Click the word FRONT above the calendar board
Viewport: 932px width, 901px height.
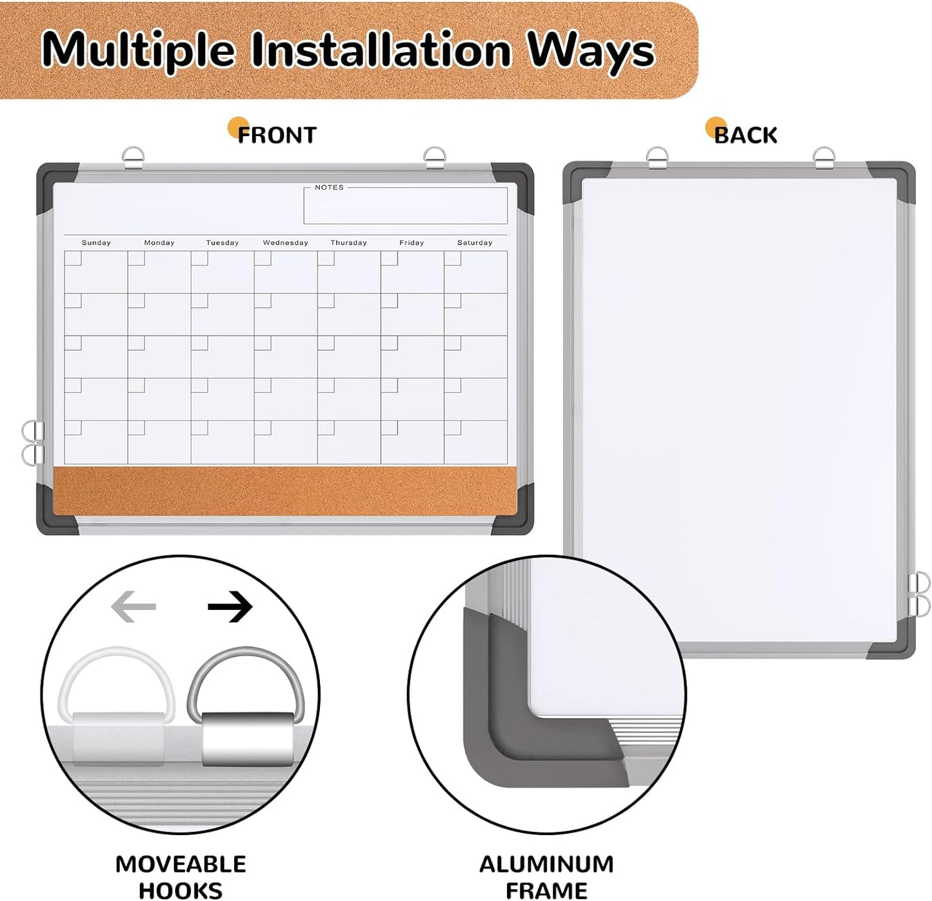277,135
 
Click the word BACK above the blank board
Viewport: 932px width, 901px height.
746,135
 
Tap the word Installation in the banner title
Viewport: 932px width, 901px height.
381,50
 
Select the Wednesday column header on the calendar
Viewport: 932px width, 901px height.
285,243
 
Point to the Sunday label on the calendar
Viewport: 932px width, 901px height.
96,243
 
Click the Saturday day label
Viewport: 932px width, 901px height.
475,243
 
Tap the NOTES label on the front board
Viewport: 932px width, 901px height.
329,187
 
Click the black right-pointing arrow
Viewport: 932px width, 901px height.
230,606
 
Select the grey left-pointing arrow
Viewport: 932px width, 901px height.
134,606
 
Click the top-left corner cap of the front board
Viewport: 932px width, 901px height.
54,181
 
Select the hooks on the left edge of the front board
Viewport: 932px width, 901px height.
32,442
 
